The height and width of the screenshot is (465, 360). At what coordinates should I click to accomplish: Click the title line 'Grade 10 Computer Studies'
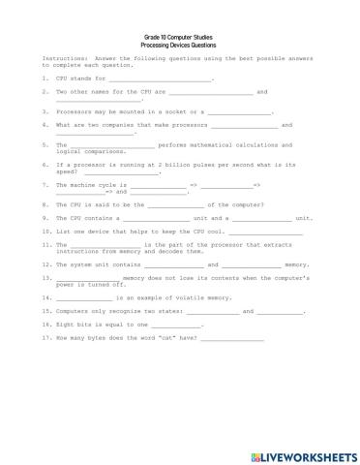click(x=179, y=36)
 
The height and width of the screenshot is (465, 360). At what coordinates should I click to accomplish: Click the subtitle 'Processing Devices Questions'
click(x=179, y=45)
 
